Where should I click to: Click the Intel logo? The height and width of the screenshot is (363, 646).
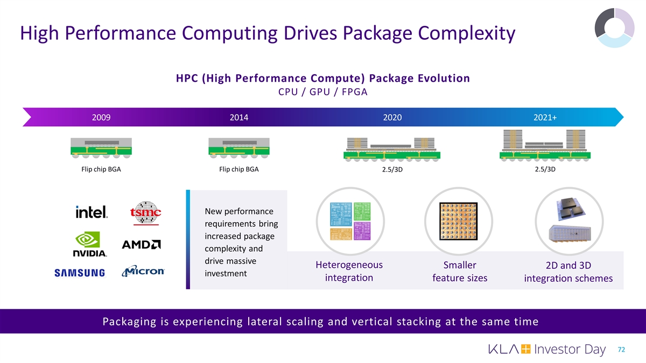coord(92,212)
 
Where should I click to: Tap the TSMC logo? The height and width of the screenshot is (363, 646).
coord(146,213)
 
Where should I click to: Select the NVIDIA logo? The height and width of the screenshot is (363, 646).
coord(90,244)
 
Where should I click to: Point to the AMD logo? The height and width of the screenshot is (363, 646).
coord(141,245)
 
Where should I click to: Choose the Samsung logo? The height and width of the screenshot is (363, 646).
coord(80,273)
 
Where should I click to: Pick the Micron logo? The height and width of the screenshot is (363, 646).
coord(143,271)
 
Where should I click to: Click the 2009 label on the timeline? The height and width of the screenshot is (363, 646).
coord(101,118)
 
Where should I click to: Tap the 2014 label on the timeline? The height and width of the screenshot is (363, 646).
coord(239,118)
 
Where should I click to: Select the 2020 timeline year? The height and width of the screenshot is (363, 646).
coord(392,118)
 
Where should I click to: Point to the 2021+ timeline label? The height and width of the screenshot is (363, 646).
coord(545,118)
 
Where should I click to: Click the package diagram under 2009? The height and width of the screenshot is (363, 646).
coord(101,148)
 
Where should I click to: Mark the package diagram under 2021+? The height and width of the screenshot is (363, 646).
coord(545,145)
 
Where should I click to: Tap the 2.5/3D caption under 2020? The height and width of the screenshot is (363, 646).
coord(392,169)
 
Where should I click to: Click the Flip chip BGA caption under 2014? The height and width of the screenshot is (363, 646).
coord(239,169)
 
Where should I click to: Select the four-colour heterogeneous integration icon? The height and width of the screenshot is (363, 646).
coord(350,221)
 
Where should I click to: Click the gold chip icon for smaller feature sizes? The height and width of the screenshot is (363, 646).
coord(459,221)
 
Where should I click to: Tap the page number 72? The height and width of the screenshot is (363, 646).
coord(621,350)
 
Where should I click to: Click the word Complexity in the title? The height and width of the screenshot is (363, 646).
coord(466,33)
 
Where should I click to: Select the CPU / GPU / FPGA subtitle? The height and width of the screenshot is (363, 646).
coord(322,92)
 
